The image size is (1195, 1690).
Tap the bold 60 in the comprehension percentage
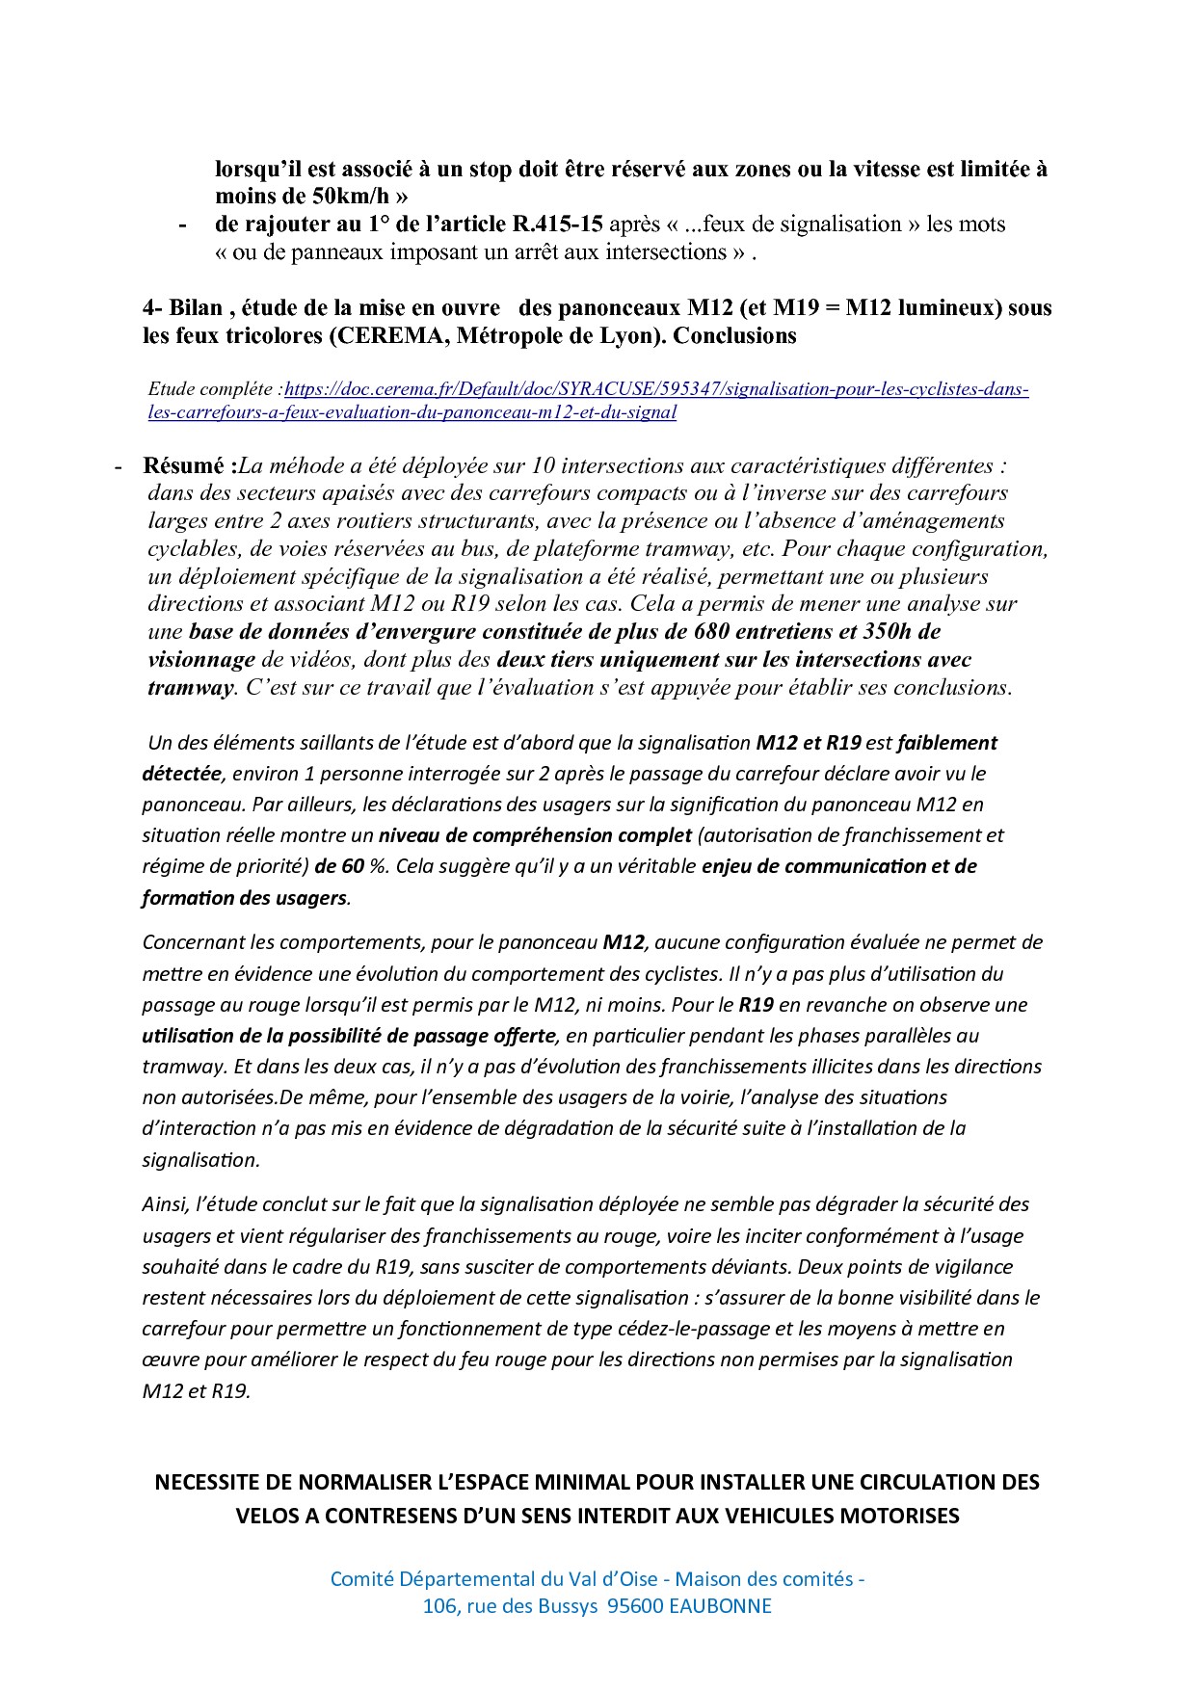pos(352,866)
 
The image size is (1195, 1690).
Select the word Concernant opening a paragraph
pos(193,942)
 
